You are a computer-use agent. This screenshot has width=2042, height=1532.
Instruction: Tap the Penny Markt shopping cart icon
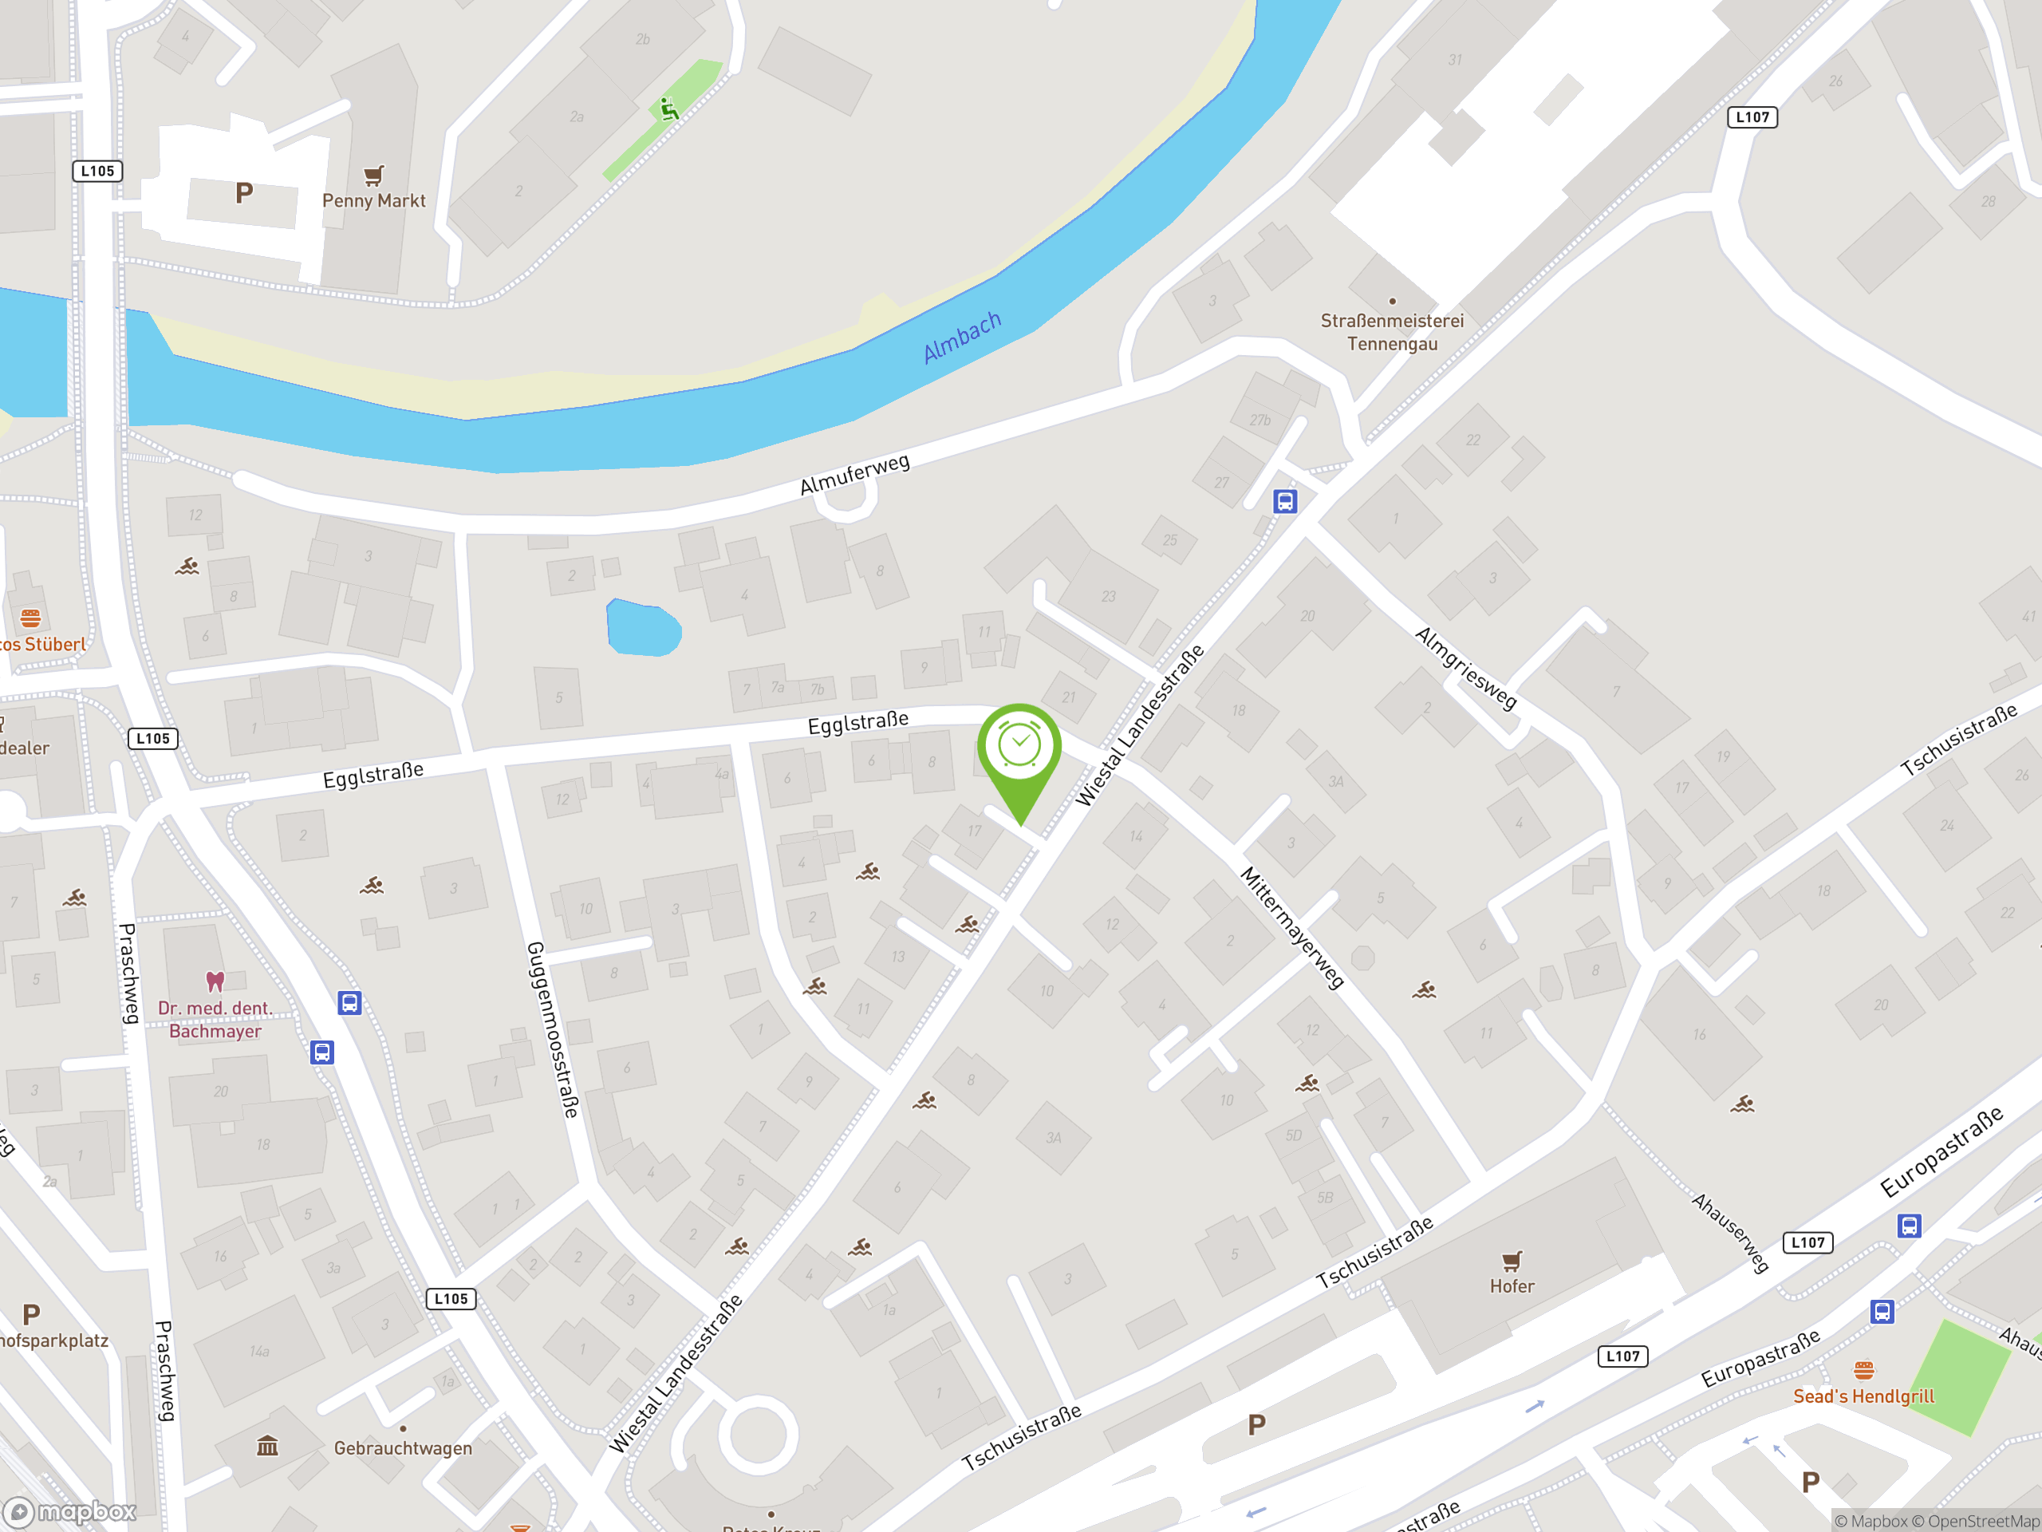pyautogui.click(x=373, y=176)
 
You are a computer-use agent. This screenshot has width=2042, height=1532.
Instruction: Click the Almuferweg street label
pyautogui.click(x=854, y=474)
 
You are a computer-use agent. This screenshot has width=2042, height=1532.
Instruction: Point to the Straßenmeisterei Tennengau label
pyautogui.click(x=1391, y=331)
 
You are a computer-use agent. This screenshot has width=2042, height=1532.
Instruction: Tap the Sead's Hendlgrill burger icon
pyautogui.click(x=1863, y=1369)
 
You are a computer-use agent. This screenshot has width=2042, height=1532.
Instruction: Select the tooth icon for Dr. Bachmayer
pyautogui.click(x=215, y=981)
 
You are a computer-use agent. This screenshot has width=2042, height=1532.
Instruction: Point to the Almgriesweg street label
pyautogui.click(x=1465, y=668)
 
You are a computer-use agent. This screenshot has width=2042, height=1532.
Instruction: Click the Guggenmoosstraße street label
pyautogui.click(x=552, y=1029)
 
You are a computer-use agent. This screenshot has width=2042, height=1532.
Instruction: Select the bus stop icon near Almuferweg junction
pyautogui.click(x=1285, y=501)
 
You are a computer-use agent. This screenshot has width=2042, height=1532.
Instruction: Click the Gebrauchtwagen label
pyautogui.click(x=403, y=1448)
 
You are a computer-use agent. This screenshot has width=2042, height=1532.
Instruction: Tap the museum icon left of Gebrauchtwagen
pyautogui.click(x=268, y=1445)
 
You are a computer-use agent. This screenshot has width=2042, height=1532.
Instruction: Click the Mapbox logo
pyautogui.click(x=70, y=1512)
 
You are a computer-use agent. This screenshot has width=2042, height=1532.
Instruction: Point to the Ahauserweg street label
pyautogui.click(x=1729, y=1233)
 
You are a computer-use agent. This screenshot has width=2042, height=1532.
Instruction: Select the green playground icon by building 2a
pyautogui.click(x=668, y=110)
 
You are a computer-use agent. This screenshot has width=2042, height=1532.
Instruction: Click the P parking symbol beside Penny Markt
pyautogui.click(x=244, y=193)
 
